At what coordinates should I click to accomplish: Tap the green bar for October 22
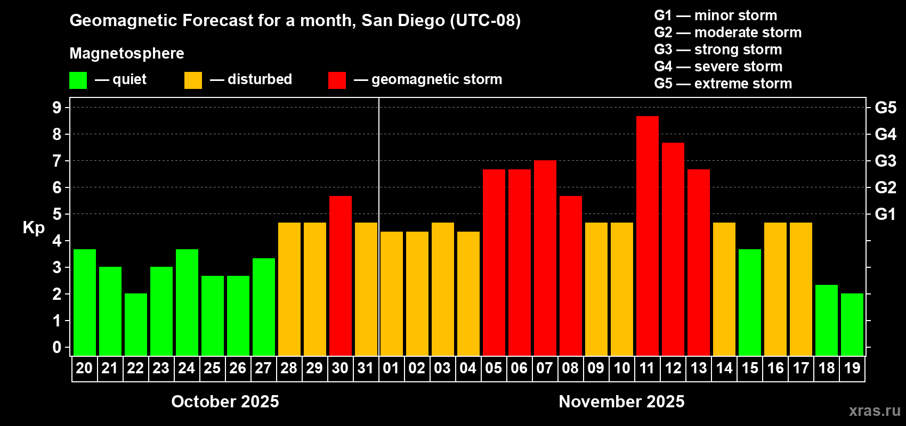135,324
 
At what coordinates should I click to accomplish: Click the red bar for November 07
545,258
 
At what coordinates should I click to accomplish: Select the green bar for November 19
852,324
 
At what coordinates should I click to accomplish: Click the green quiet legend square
78,80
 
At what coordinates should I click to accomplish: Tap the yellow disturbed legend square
193,80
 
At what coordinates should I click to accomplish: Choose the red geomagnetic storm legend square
337,80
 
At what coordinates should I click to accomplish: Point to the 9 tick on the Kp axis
57,108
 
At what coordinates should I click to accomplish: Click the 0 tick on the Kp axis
57,347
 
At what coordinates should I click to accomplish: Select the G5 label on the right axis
885,108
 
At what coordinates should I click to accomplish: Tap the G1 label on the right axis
885,214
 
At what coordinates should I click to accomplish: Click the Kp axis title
34,227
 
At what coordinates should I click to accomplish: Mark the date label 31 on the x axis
366,368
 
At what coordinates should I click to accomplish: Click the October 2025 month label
225,402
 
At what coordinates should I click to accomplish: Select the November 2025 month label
621,402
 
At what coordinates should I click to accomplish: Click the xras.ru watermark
874,411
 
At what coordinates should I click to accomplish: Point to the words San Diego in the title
403,20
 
